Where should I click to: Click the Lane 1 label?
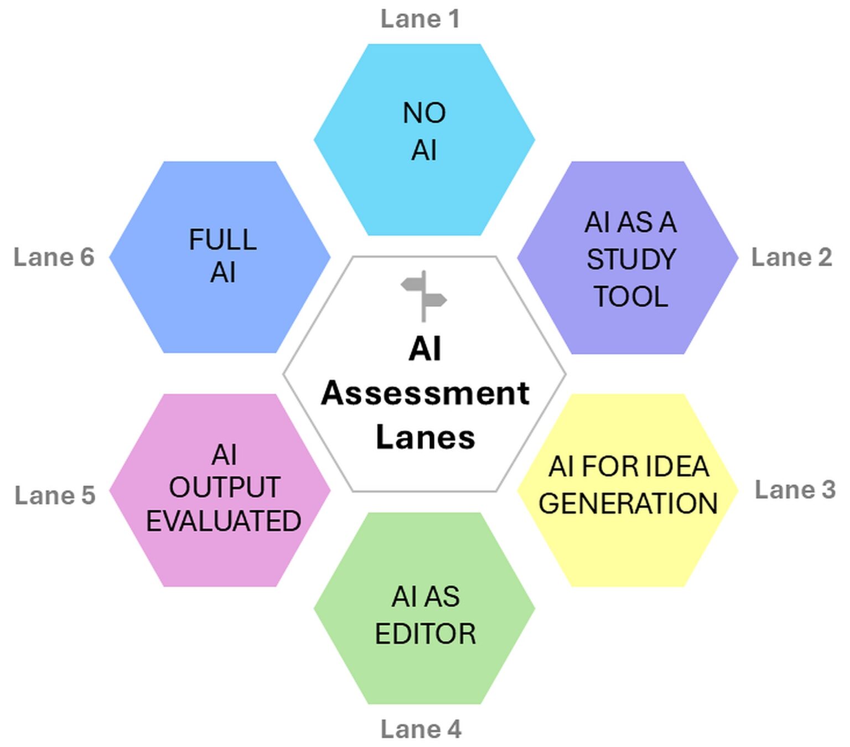[x=420, y=19]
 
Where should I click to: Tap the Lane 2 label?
[x=791, y=257]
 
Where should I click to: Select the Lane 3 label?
[x=795, y=490]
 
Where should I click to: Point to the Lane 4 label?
[x=421, y=729]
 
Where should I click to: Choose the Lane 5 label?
[x=55, y=495]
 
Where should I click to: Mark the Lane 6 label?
[x=54, y=257]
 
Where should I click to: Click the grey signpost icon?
[x=424, y=296]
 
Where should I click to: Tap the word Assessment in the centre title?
[x=425, y=393]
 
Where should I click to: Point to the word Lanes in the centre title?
[x=425, y=437]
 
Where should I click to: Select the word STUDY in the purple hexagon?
[x=631, y=260]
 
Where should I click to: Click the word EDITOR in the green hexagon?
[x=425, y=634]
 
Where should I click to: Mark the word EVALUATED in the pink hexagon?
[x=224, y=521]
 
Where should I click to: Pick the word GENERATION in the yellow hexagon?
[x=628, y=504]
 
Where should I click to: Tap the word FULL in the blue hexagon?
[x=222, y=240]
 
